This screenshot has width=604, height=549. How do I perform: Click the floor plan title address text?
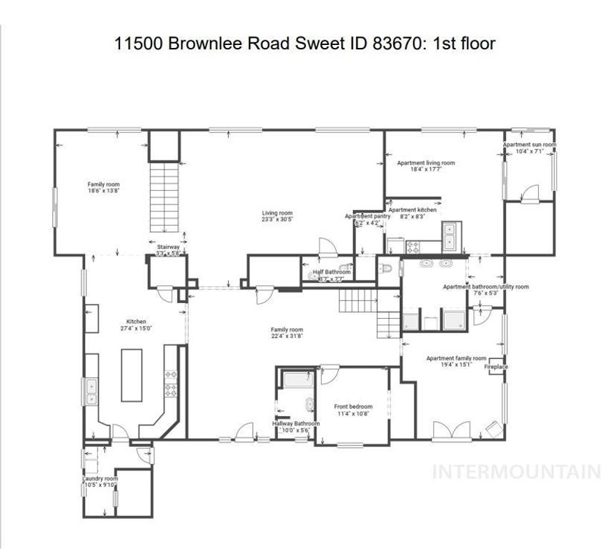(305, 44)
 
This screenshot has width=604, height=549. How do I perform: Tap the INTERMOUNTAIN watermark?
(518, 472)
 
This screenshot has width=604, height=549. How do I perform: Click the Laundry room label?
(99, 482)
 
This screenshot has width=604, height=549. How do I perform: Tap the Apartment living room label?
(425, 166)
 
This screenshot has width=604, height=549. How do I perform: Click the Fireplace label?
(495, 367)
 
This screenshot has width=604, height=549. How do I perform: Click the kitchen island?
(132, 375)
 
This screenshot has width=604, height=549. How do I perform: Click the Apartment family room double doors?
(448, 431)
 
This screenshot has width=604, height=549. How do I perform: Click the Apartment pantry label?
(367, 218)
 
